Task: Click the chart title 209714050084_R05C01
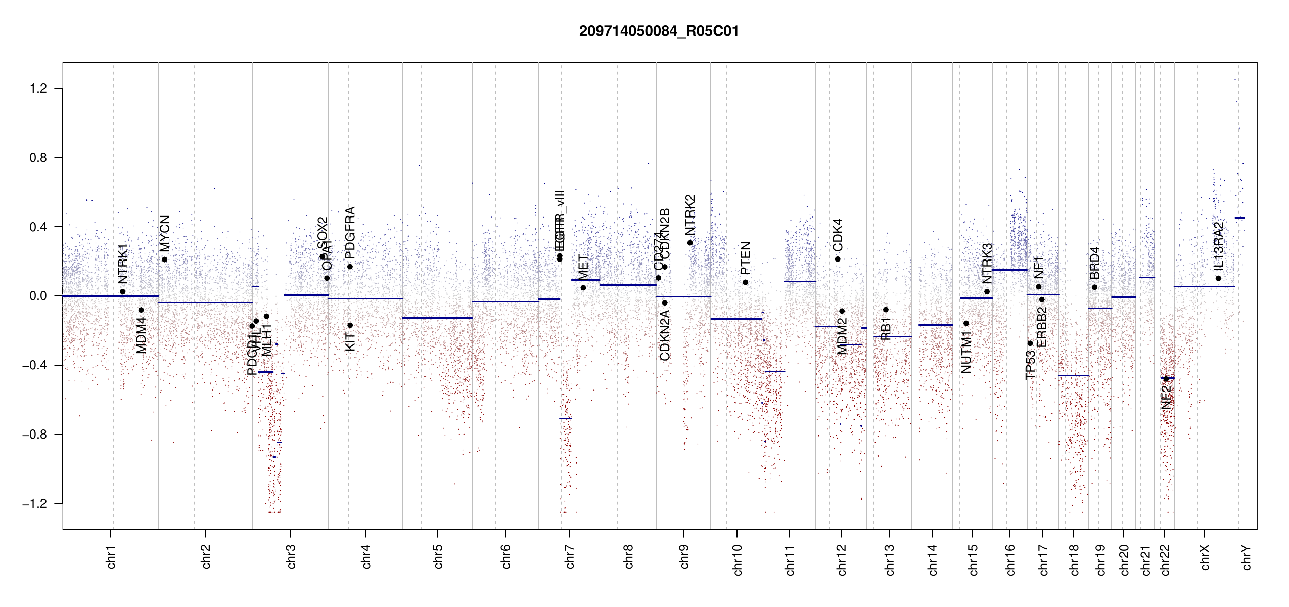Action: point(659,31)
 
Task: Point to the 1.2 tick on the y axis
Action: point(38,89)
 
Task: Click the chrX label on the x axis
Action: point(1205,557)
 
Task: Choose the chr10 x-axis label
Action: point(738,559)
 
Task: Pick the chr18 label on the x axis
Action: point(1074,559)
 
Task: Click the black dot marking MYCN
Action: point(164,259)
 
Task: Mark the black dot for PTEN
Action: point(745,282)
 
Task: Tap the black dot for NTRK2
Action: point(690,243)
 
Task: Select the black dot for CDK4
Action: point(838,259)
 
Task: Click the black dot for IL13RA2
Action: point(1218,278)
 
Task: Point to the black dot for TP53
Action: point(1030,343)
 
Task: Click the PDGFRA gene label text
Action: point(350,233)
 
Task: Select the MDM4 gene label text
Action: point(141,335)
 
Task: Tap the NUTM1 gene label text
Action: point(966,353)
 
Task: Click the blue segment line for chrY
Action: point(1239,218)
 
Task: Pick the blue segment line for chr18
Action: point(1074,375)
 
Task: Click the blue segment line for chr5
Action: point(437,318)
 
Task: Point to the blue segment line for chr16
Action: point(1009,270)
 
